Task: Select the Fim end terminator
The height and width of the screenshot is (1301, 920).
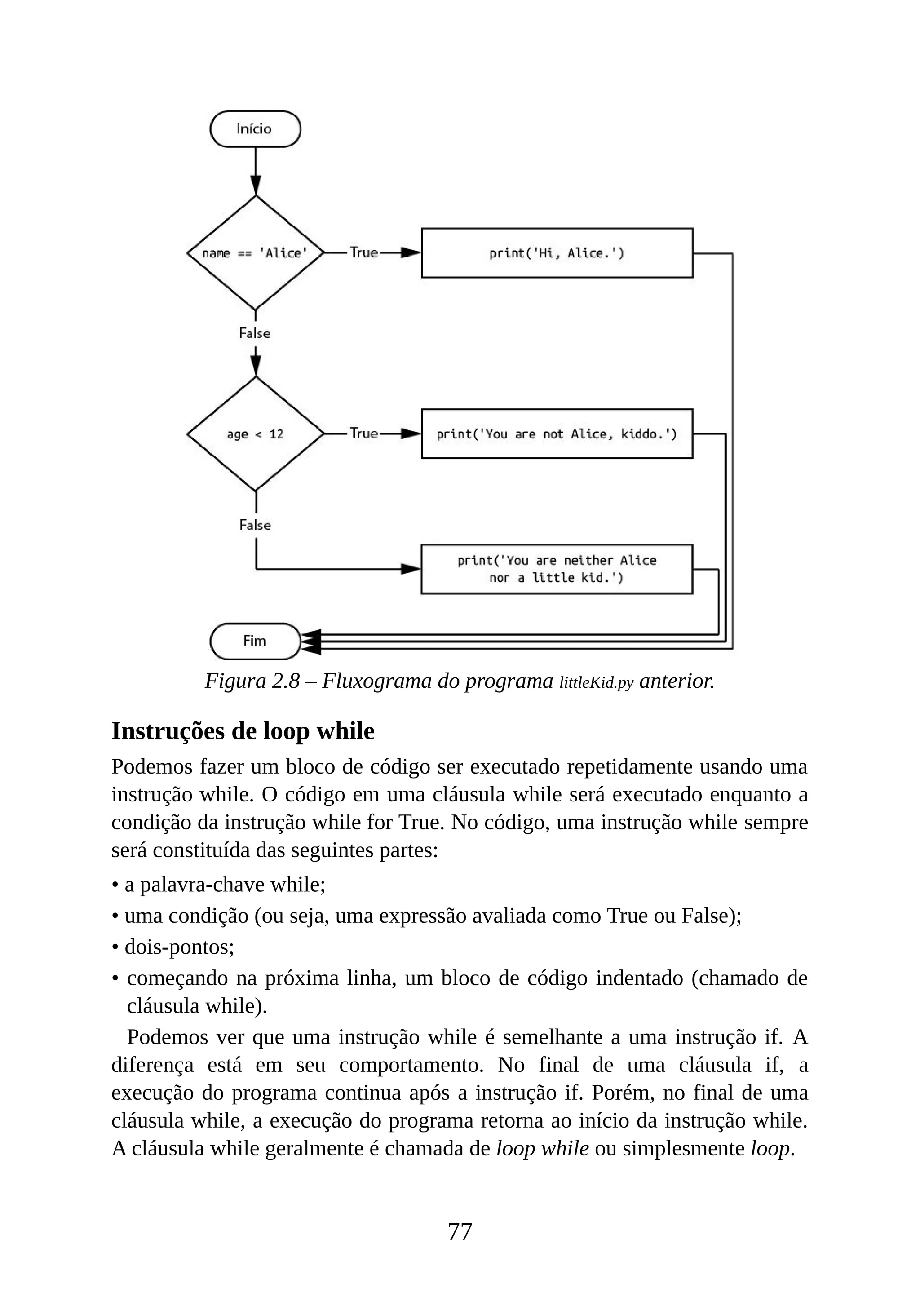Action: pyautogui.click(x=255, y=641)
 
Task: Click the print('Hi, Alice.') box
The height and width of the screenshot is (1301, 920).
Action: pyautogui.click(x=557, y=253)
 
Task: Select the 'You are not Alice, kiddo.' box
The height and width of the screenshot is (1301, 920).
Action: pyautogui.click(x=557, y=434)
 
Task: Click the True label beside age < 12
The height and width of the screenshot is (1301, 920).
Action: pyautogui.click(x=364, y=433)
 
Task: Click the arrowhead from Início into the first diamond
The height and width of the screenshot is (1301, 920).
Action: pyautogui.click(x=256, y=185)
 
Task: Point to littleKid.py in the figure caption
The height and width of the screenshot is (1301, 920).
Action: pyautogui.click(x=596, y=683)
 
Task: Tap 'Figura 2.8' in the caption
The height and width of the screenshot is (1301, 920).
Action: pyautogui.click(x=252, y=681)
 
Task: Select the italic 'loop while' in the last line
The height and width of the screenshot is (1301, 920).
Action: pyautogui.click(x=542, y=1148)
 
